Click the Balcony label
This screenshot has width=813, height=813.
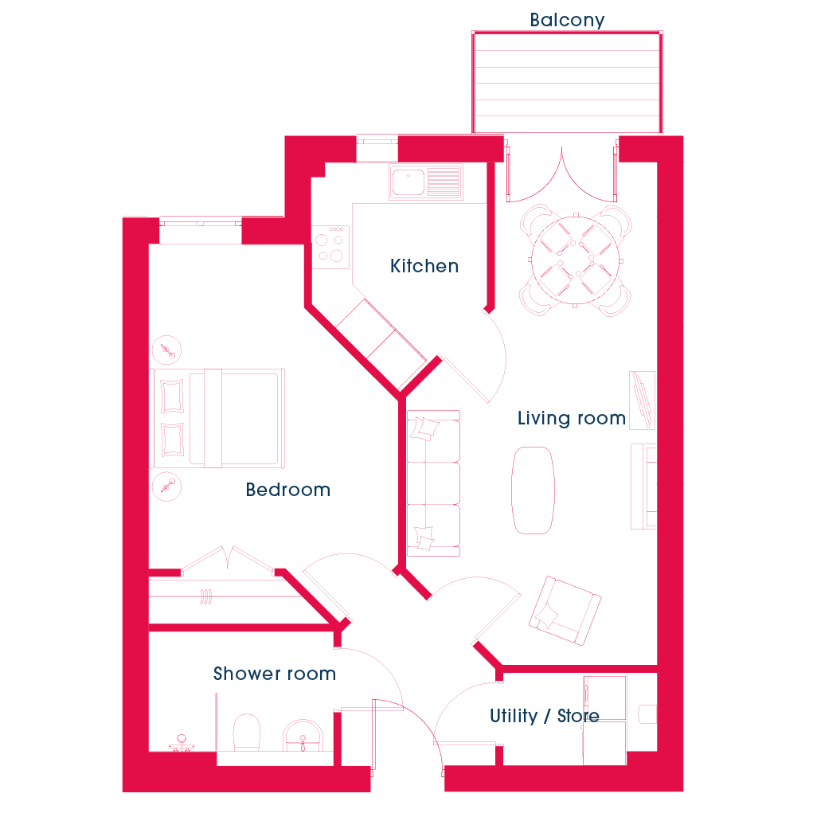[x=567, y=20]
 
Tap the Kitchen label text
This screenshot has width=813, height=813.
[x=424, y=266]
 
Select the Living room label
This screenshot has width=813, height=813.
[x=572, y=418]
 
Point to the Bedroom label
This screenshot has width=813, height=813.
[x=287, y=490]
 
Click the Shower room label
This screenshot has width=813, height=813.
[x=274, y=674]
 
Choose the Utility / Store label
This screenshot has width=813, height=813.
[x=545, y=716]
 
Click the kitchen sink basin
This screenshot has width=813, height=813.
[x=408, y=182]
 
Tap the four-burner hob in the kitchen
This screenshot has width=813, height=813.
[x=330, y=247]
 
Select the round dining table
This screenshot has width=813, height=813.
[x=575, y=260]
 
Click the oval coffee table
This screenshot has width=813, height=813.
[x=533, y=490]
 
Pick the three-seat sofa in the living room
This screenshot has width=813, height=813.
[x=433, y=483]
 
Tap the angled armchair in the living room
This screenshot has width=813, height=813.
[x=565, y=610]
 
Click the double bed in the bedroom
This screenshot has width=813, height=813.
[x=218, y=418]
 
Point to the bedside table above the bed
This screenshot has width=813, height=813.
[x=166, y=350]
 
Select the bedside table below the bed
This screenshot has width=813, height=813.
[x=166, y=487]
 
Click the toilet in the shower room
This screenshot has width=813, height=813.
[x=246, y=732]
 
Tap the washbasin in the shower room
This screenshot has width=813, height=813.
[x=303, y=735]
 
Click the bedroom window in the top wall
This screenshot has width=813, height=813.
[x=200, y=224]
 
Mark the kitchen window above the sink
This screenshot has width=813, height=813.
[x=377, y=141]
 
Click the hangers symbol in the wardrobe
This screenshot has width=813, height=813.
[x=206, y=596]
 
